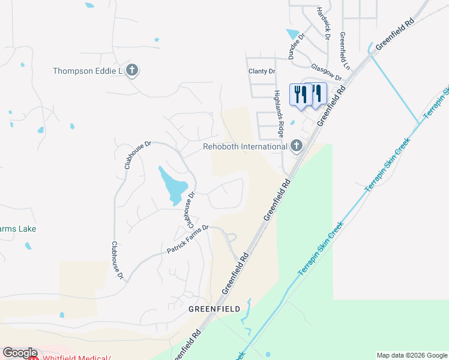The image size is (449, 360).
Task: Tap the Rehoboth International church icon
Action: tap(296, 146)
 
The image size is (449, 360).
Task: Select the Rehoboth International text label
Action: tap(245, 146)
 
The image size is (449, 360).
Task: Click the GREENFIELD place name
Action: tap(214, 309)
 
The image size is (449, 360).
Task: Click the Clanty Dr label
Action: tap(262, 71)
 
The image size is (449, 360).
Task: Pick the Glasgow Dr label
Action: tap(327, 73)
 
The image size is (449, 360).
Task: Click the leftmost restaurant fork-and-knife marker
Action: tap(300, 94)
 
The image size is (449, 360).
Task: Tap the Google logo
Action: tap(19, 353)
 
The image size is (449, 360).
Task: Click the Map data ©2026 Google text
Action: tap(411, 355)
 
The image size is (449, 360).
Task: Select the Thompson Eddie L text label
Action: tap(88, 71)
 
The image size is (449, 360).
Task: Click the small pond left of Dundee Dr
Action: tap(293, 34)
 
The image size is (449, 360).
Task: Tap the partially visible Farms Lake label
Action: tap(18, 229)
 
